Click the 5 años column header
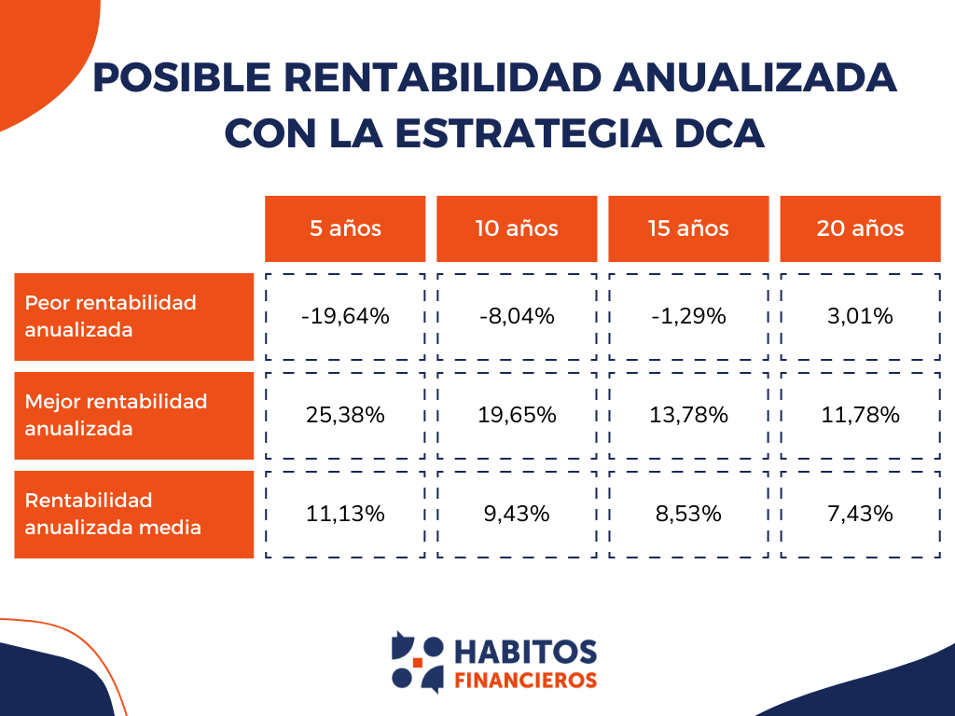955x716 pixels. pyautogui.click(x=345, y=228)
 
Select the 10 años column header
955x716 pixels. pyautogui.click(x=517, y=228)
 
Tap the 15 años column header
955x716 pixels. pyautogui.click(x=688, y=228)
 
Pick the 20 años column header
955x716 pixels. pyautogui.click(x=860, y=228)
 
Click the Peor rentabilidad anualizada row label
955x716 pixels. pyautogui.click(x=133, y=316)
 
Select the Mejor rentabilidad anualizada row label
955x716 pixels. pyautogui.click(x=133, y=415)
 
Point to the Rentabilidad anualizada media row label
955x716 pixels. pyautogui.click(x=133, y=514)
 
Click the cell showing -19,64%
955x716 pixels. pyautogui.click(x=345, y=316)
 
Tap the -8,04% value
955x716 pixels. pyautogui.click(x=517, y=316)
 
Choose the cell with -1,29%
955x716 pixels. pyautogui.click(x=688, y=316)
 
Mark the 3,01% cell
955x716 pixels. pyautogui.click(x=860, y=316)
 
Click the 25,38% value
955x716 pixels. pyautogui.click(x=345, y=415)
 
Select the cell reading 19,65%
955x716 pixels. pyautogui.click(x=517, y=415)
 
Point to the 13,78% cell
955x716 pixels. pyautogui.click(x=688, y=415)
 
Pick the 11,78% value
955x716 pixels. pyautogui.click(x=860, y=415)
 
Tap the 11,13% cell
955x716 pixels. pyautogui.click(x=345, y=514)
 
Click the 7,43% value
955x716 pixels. pyautogui.click(x=860, y=514)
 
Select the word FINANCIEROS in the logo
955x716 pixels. pyautogui.click(x=525, y=680)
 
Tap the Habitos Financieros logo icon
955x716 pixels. pyautogui.click(x=417, y=662)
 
